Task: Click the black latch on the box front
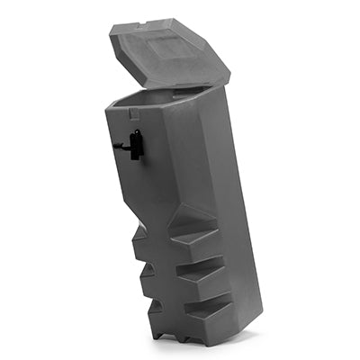135,144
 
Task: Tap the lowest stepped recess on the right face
207,310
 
